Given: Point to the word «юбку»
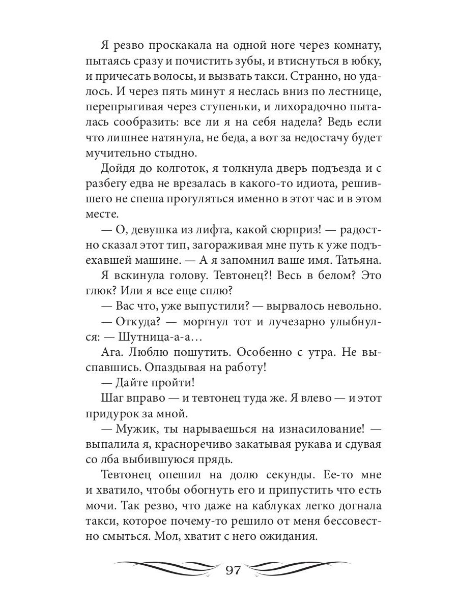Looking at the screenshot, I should point(366,62).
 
